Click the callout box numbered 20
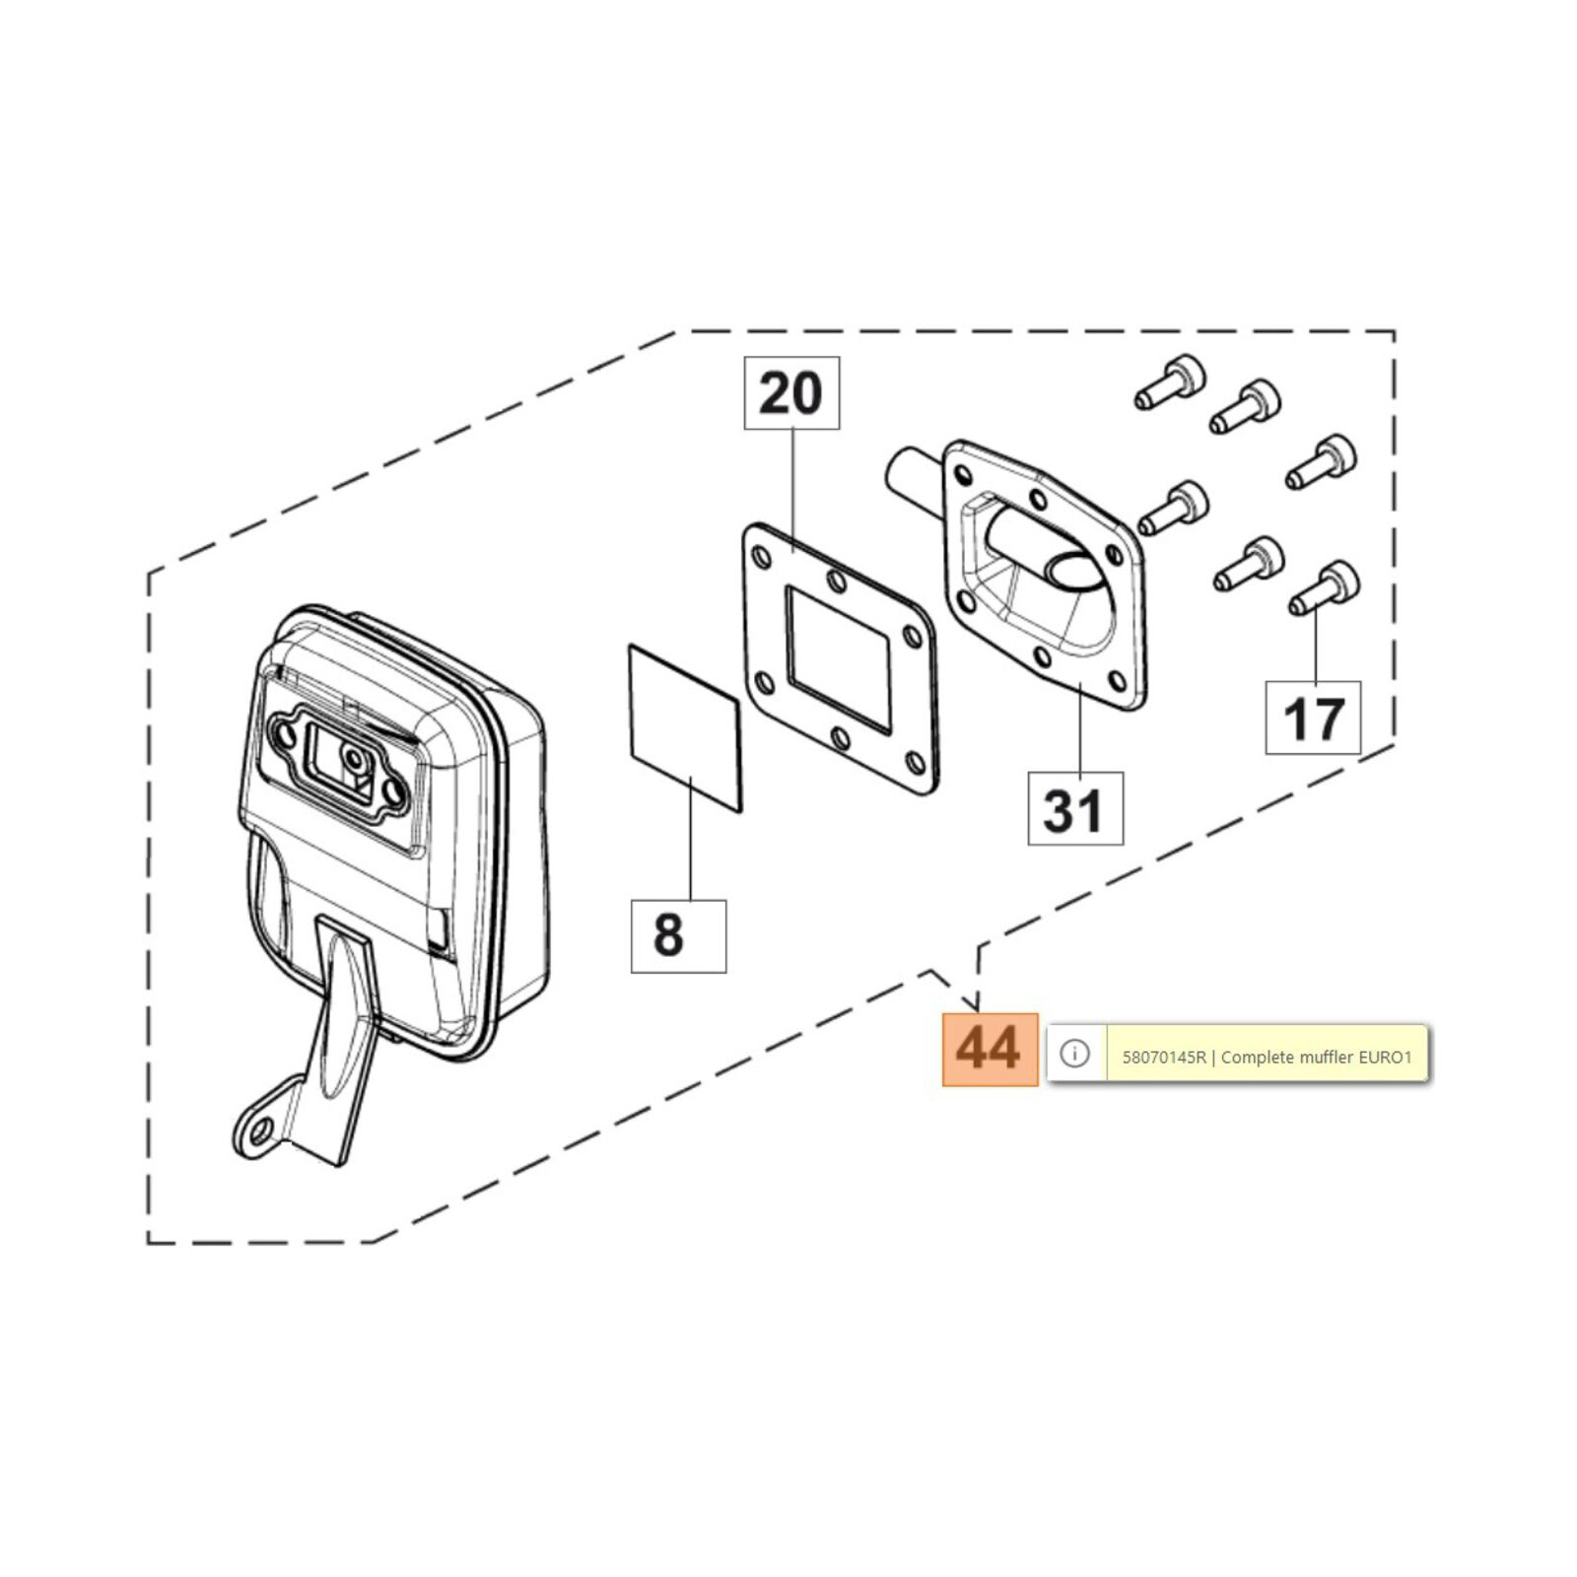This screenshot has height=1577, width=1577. (791, 393)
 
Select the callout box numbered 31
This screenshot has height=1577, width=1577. (1074, 809)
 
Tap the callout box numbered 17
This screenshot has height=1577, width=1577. (1313, 719)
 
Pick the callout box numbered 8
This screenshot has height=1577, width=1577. (678, 935)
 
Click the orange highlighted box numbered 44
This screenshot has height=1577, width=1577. (990, 1049)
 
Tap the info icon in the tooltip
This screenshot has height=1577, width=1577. (1074, 1054)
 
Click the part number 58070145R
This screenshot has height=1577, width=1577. (1164, 1058)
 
